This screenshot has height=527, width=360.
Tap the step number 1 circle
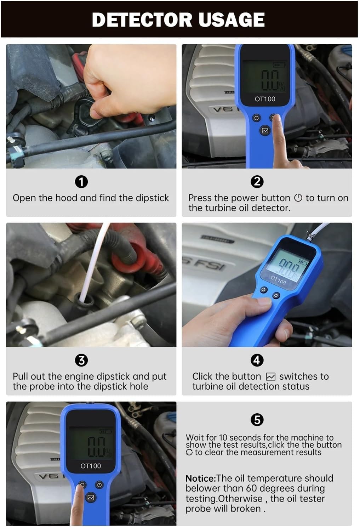coord(81,182)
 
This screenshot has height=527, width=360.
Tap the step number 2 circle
coord(257,182)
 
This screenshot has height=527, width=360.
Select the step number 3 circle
coord(81,360)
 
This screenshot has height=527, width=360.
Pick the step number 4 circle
coord(257,360)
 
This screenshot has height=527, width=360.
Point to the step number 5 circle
coord(257,420)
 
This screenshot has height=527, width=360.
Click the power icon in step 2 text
coord(298,198)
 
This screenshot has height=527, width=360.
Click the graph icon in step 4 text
coord(270,376)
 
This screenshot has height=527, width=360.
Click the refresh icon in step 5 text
coord(189,452)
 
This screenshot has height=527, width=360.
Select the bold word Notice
coord(200,478)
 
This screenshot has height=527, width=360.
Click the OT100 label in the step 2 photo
coord(265,99)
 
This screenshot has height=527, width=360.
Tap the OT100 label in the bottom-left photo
coord(91,466)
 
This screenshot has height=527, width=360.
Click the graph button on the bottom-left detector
coord(91,498)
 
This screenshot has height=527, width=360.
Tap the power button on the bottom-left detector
coord(99,485)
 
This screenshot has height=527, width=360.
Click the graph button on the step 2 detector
coord(265,130)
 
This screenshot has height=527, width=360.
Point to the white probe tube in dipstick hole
coord(93,269)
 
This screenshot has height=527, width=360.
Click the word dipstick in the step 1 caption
coord(152,198)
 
